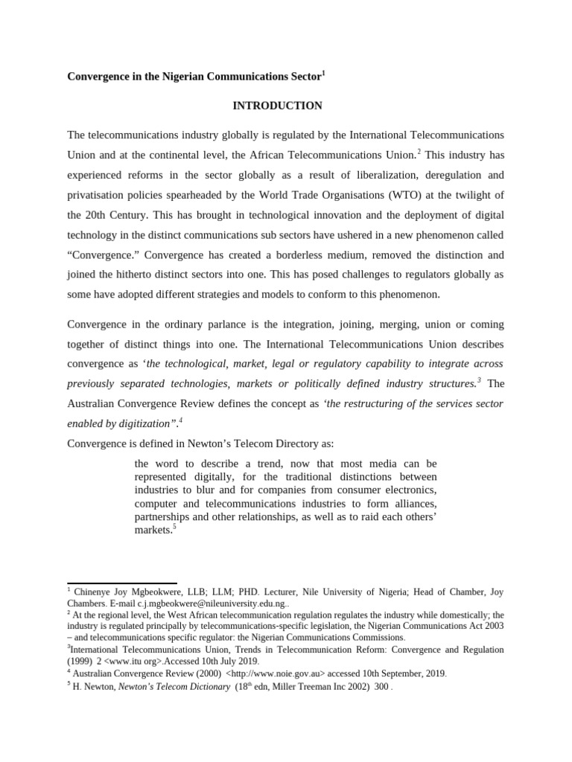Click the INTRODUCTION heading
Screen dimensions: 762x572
point(277,106)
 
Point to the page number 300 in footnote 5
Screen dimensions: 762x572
point(381,687)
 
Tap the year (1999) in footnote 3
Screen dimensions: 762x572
point(80,660)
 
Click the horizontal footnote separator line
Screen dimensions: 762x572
point(121,584)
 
